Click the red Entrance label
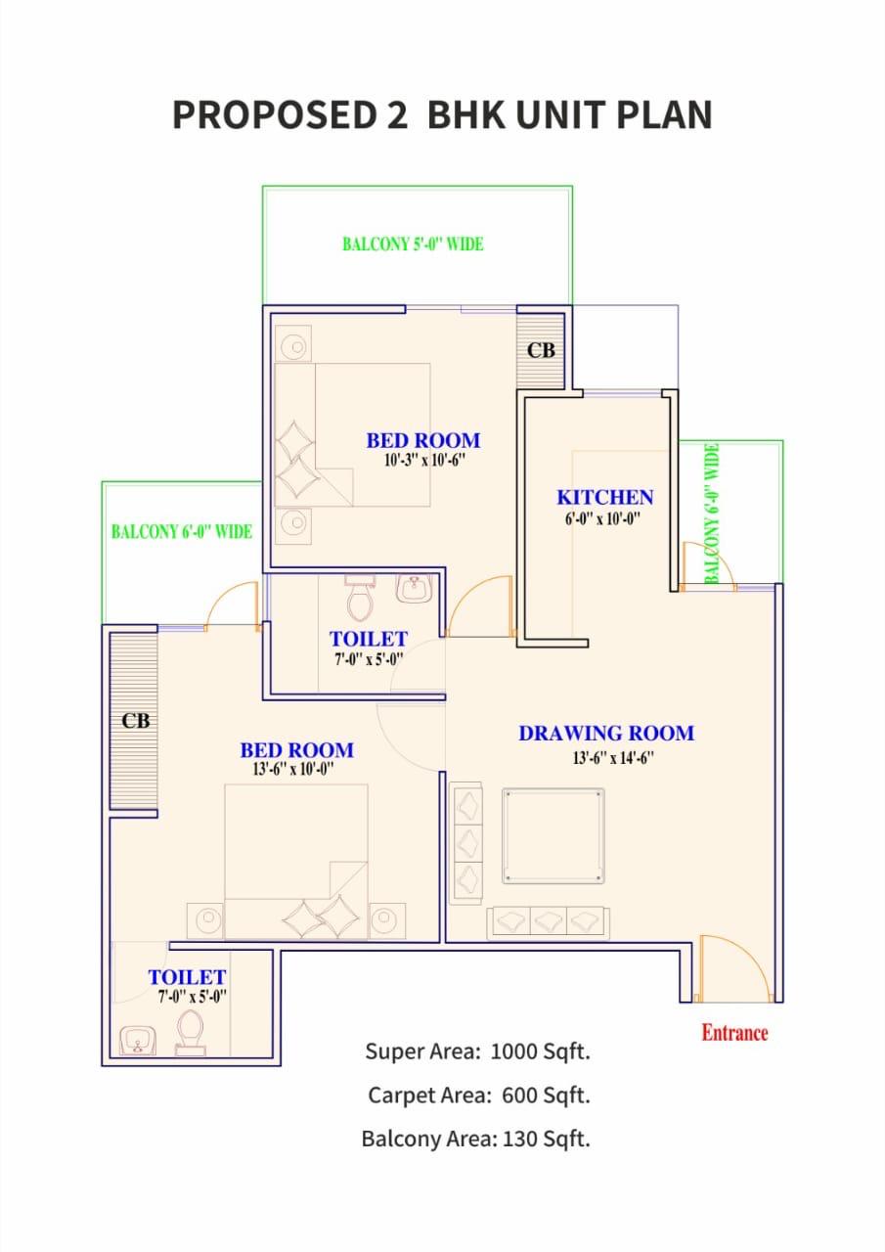coord(734,1033)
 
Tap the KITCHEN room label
coord(605,498)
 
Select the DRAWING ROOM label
coord(606,734)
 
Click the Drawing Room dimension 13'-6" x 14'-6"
coord(613,758)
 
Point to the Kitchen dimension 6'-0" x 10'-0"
coord(602,518)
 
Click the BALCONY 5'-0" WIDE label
coord(413,245)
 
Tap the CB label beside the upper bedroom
coord(541,350)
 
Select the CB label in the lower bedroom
coord(136,721)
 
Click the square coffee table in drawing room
coord(553,836)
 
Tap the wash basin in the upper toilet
coord(414,589)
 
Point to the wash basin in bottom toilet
coord(138,1041)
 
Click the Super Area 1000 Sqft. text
coord(477,1051)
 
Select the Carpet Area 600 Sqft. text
coord(479,1095)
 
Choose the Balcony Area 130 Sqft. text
coord(476,1139)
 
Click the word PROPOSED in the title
coord(275,114)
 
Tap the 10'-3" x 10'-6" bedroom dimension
coord(424,460)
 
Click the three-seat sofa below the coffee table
coord(548,922)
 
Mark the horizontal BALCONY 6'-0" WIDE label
coord(182,531)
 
